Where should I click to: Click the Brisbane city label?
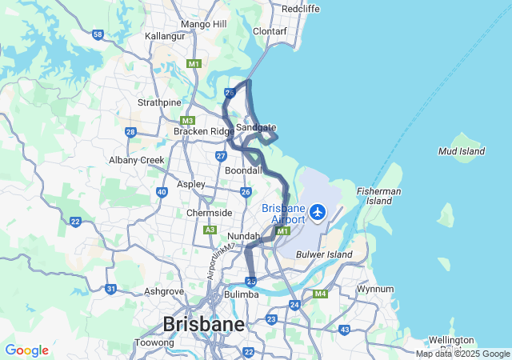(203, 324)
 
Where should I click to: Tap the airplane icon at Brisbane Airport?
(318, 212)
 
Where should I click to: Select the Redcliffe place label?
(301, 8)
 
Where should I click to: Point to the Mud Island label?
(462, 150)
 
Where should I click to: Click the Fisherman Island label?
(379, 196)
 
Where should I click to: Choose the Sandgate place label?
(256, 127)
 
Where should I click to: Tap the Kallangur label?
(165, 36)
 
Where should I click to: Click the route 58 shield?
(98, 34)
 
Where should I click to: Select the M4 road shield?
(321, 294)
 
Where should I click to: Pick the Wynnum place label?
(375, 289)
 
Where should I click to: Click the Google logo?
(26, 350)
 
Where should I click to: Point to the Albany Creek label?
(137, 160)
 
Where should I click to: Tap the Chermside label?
(209, 213)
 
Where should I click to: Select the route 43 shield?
(344, 330)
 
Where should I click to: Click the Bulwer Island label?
(324, 254)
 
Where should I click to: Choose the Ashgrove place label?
(164, 292)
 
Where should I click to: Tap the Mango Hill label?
(204, 24)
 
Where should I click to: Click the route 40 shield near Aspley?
(162, 192)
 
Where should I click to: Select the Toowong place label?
(154, 342)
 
